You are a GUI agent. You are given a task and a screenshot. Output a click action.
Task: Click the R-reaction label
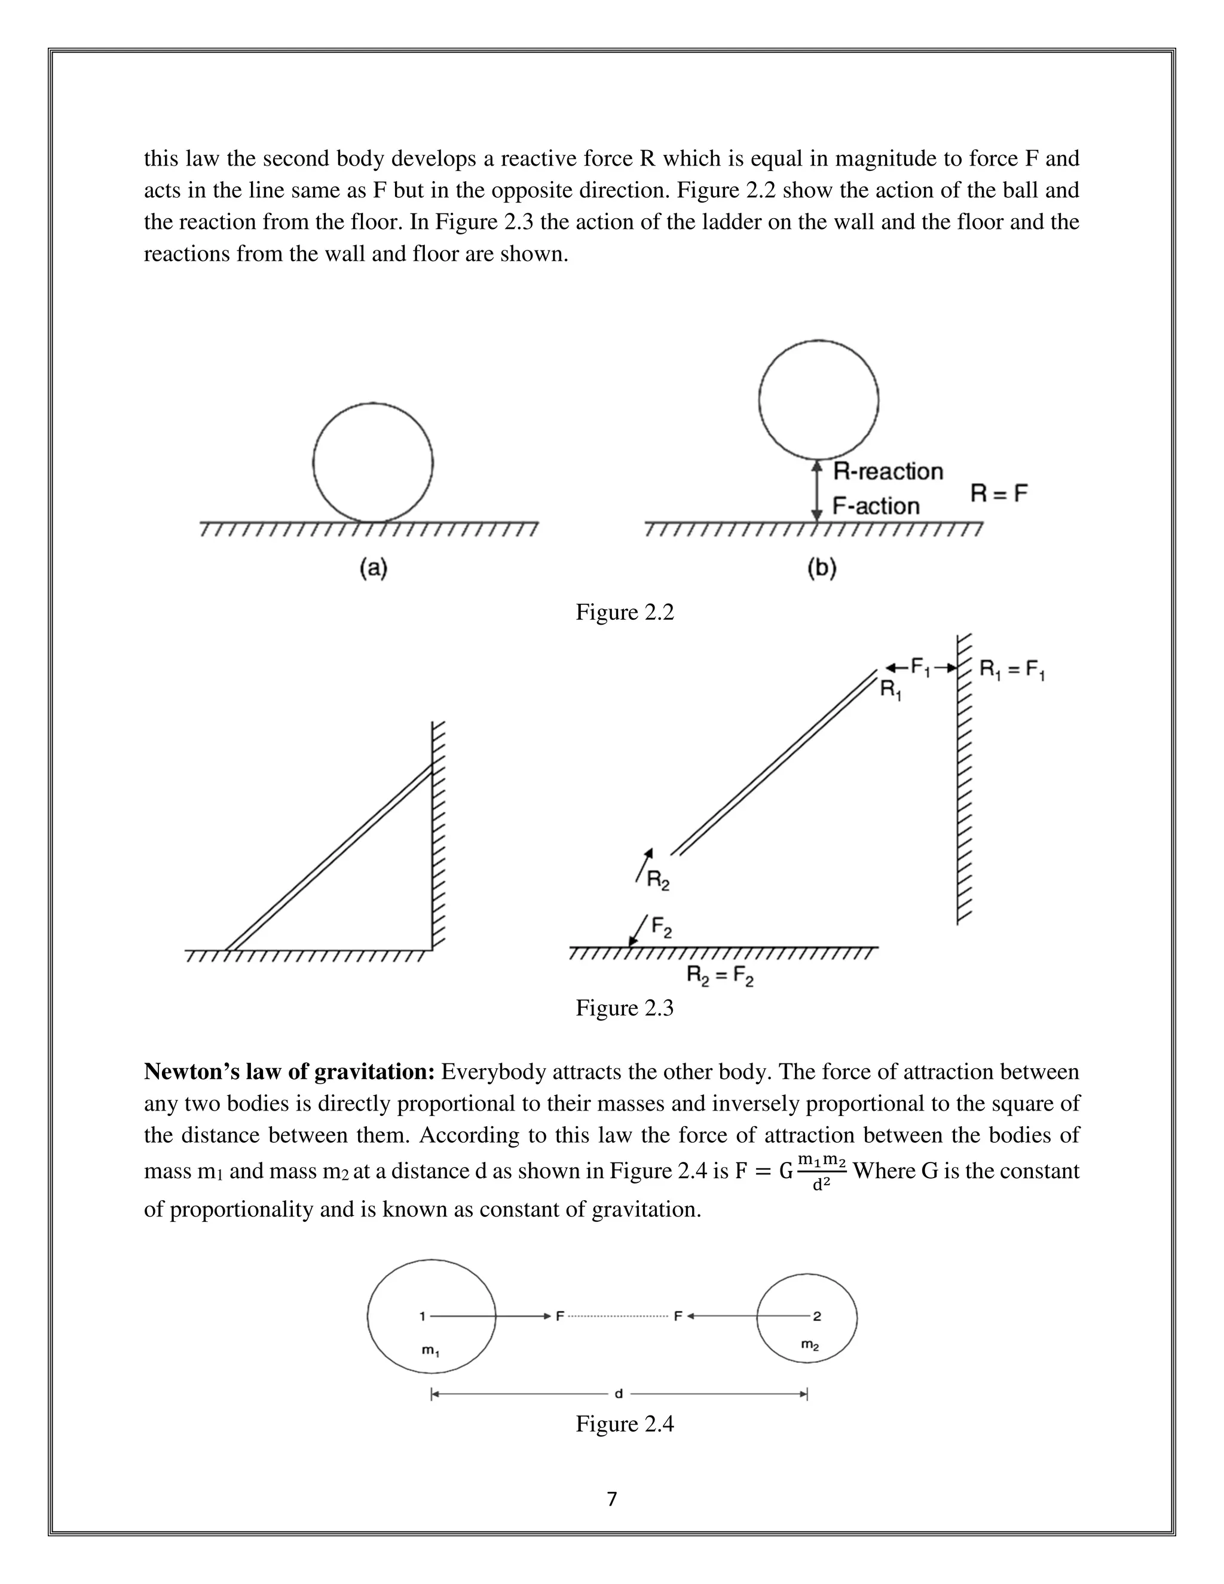(x=888, y=472)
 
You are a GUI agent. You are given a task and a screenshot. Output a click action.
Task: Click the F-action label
(x=875, y=506)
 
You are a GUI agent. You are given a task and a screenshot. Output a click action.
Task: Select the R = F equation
(x=999, y=494)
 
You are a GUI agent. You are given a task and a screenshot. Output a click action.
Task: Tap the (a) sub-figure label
(x=374, y=568)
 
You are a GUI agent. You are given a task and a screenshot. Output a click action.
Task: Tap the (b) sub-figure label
(x=822, y=568)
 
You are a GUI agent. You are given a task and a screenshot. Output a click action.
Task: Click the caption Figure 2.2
(x=625, y=612)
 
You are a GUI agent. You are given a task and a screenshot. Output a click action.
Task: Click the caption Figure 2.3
(x=625, y=1007)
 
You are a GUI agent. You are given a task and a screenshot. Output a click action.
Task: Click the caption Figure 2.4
(x=625, y=1424)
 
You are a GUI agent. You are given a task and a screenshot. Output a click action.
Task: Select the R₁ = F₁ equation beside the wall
(x=1012, y=669)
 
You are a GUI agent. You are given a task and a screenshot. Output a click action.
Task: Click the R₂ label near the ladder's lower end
(x=657, y=881)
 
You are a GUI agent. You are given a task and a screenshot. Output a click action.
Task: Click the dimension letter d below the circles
(x=619, y=1394)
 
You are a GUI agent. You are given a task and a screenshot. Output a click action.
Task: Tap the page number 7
(x=611, y=1499)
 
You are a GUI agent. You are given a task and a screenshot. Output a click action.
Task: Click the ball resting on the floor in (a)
(x=373, y=463)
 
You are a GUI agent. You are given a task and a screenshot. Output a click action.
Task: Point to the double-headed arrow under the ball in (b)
(x=817, y=490)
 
